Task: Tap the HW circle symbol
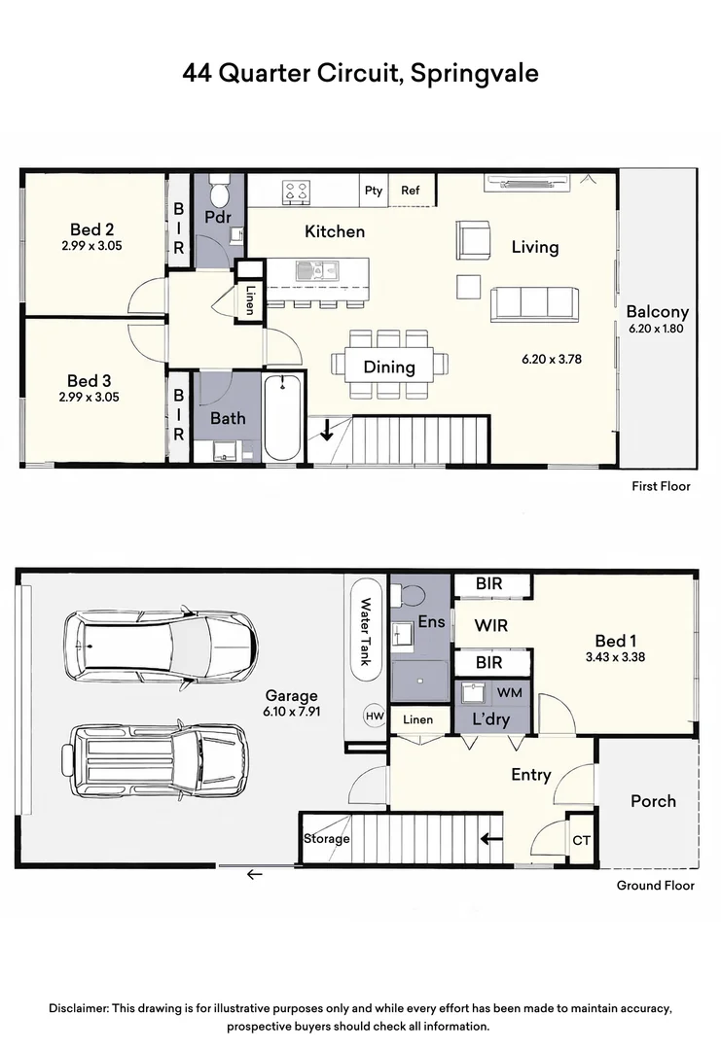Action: click(x=374, y=716)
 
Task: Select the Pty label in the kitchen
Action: click(x=374, y=191)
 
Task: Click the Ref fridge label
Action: click(x=411, y=191)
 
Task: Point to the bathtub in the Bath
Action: click(x=284, y=418)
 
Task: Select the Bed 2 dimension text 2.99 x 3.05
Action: click(x=92, y=247)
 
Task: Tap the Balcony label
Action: click(x=657, y=312)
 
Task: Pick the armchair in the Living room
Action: click(x=473, y=239)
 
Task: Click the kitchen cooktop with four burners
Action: click(x=297, y=192)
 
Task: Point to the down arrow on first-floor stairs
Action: click(x=327, y=429)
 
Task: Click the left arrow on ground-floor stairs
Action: click(x=492, y=837)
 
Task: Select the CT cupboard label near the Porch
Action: click(x=582, y=840)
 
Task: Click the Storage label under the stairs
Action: click(x=326, y=838)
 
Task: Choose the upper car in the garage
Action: click(x=160, y=645)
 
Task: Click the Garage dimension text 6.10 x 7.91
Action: click(x=292, y=712)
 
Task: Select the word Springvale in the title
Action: click(x=474, y=74)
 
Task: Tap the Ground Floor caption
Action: click(x=655, y=886)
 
